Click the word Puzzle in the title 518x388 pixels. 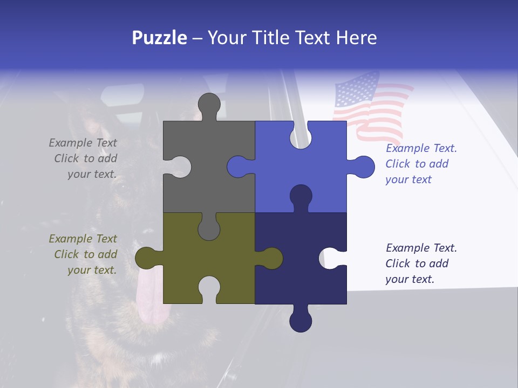point(160,38)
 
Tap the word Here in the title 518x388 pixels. point(356,38)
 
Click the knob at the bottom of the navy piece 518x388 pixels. point(301,321)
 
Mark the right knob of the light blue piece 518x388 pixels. point(364,167)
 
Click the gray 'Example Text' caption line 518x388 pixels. point(83,143)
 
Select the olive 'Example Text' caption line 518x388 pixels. point(83,239)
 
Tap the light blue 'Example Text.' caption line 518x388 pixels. point(421,148)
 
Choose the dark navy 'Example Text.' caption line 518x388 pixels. point(421,248)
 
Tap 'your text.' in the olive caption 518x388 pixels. point(92,270)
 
